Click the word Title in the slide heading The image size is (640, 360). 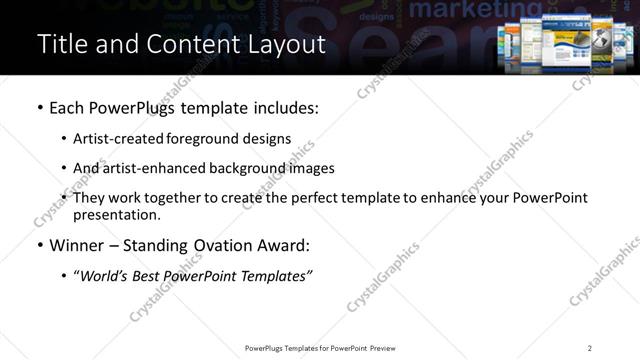(60, 44)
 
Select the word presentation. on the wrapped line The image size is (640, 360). (116, 215)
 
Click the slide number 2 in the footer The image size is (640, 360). (589, 347)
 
